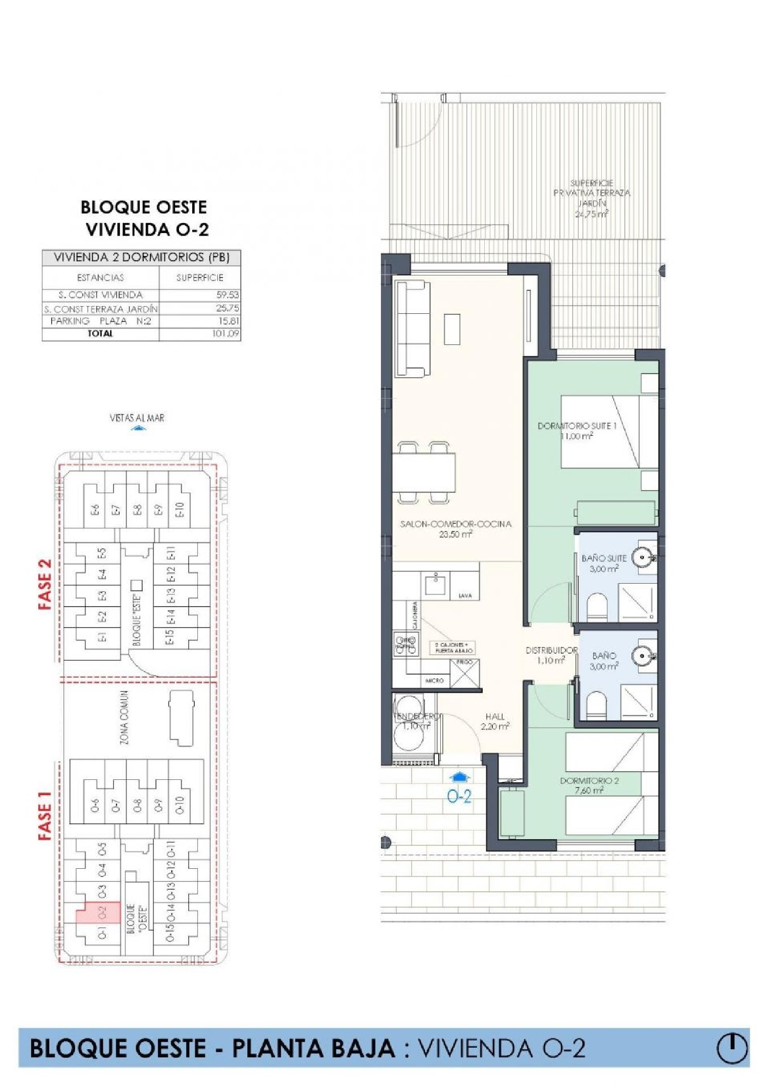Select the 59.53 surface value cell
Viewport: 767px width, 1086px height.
pyautogui.click(x=227, y=295)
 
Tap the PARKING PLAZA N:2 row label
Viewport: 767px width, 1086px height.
pyautogui.click(x=101, y=321)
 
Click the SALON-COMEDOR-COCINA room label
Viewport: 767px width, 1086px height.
pyautogui.click(x=455, y=524)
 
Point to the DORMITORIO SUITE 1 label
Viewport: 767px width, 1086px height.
pyautogui.click(x=577, y=426)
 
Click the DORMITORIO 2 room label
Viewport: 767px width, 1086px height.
pyautogui.click(x=589, y=781)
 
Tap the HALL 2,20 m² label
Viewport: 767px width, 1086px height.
pyautogui.click(x=494, y=722)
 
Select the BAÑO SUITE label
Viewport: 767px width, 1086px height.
pyautogui.click(x=603, y=559)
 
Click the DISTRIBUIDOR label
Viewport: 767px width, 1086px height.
pyautogui.click(x=551, y=651)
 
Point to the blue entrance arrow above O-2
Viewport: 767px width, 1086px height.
pyautogui.click(x=459, y=777)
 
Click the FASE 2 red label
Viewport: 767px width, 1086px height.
pyautogui.click(x=46, y=584)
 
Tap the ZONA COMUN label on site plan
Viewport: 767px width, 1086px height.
pyautogui.click(x=124, y=718)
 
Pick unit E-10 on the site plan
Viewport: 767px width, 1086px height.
pyautogui.click(x=179, y=510)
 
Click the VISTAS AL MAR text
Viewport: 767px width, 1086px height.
pyautogui.click(x=137, y=418)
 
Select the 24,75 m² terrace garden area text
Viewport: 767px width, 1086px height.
pyautogui.click(x=592, y=215)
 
